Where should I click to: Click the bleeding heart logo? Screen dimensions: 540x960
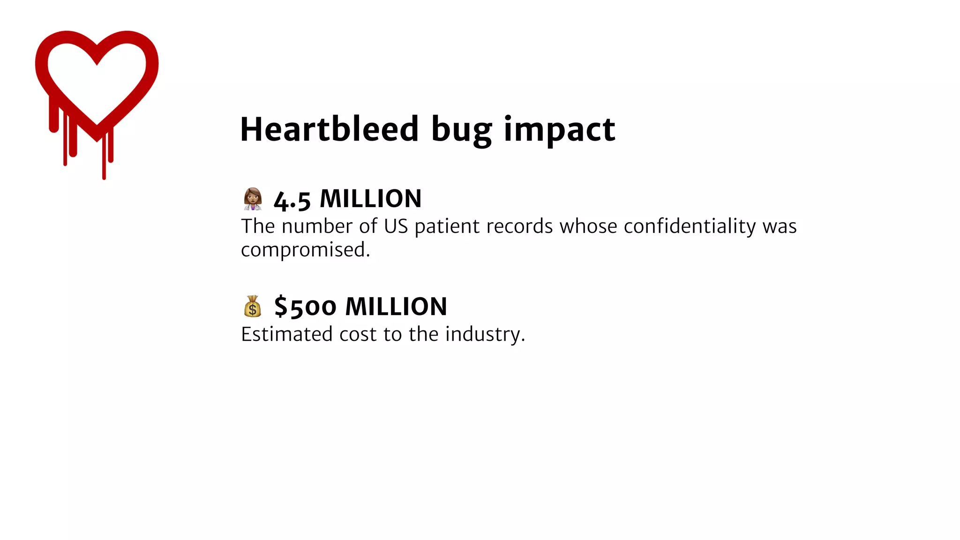97,84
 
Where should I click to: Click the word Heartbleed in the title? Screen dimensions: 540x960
329,129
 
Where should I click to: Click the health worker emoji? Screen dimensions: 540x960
253,199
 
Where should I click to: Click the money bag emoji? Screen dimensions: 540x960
253,307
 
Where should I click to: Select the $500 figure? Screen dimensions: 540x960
305,307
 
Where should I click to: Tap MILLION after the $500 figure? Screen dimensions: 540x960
396,307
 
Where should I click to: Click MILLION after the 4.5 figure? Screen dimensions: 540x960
370,199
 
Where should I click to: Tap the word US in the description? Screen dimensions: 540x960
396,226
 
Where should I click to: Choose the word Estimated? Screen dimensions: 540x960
287,334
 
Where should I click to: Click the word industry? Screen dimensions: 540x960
484,335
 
